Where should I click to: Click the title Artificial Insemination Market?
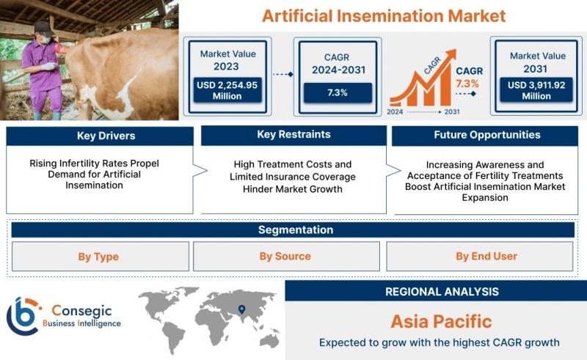pyautogui.click(x=384, y=16)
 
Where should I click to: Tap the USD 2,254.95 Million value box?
pyautogui.click(x=227, y=90)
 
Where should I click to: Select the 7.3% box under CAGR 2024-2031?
pyautogui.click(x=338, y=93)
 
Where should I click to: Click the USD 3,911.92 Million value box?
pyautogui.click(x=536, y=89)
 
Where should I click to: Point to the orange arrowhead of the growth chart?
pyautogui.click(x=451, y=54)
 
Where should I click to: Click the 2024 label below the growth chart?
pyautogui.click(x=395, y=112)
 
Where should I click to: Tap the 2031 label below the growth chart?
pyautogui.click(x=452, y=112)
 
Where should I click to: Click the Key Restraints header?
pyautogui.click(x=294, y=135)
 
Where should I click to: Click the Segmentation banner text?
pyautogui.click(x=296, y=229)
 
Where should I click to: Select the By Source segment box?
pyautogui.click(x=286, y=257)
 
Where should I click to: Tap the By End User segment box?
pyautogui.click(x=480, y=257)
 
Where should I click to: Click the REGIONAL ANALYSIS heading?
pyautogui.click(x=442, y=292)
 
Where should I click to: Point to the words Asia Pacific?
pyautogui.click(x=442, y=321)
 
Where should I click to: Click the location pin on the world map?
pyautogui.click(x=242, y=309)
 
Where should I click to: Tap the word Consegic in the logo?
pyautogui.click(x=81, y=311)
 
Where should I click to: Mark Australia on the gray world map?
pyautogui.click(x=270, y=340)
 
